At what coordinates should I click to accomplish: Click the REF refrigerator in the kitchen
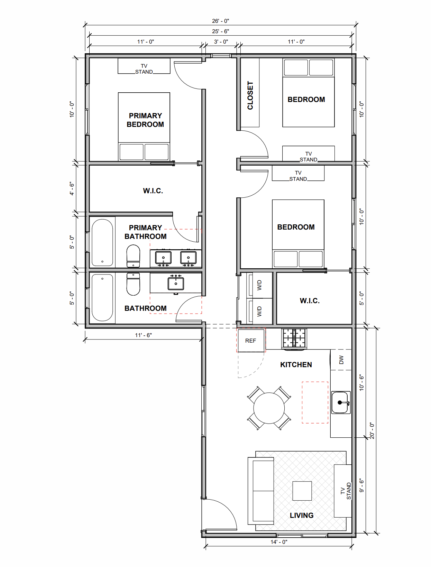251,341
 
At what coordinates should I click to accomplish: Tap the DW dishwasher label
341,360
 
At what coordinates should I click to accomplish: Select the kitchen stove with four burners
294,338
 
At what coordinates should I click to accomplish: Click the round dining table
269,408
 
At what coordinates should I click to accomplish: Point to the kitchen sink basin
341,402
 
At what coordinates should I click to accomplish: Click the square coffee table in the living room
302,491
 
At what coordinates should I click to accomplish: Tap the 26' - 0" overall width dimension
220,21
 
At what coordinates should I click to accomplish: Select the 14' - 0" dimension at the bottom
279,542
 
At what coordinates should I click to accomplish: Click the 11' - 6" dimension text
143,335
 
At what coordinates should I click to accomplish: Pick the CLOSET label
250,95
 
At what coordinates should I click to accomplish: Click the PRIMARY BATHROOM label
145,232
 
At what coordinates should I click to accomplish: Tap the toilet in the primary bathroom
133,256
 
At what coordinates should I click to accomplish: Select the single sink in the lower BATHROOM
176,283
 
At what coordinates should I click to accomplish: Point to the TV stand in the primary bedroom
144,66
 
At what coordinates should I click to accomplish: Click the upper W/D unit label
259,285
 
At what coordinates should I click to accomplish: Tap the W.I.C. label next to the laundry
310,301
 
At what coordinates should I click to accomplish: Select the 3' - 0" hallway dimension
221,41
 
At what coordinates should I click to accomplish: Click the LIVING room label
302,515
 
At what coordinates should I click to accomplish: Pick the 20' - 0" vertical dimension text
372,431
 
